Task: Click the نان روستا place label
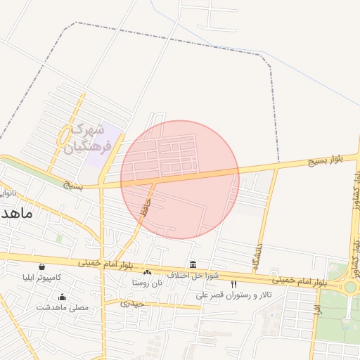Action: (x=146, y=283)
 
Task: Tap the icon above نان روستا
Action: (x=147, y=273)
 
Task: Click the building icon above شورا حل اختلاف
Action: (x=193, y=264)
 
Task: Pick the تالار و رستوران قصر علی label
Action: (x=233, y=295)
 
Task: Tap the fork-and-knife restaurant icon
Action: (x=233, y=285)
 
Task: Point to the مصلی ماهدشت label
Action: (x=62, y=307)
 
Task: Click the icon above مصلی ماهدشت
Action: (x=62, y=297)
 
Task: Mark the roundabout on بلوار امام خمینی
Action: (x=349, y=286)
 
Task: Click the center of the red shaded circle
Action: (x=180, y=180)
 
